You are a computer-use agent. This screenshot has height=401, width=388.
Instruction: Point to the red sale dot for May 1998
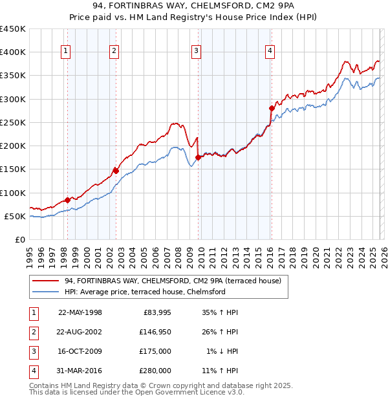[x=67, y=200]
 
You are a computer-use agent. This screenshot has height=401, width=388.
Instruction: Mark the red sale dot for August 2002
[x=116, y=171]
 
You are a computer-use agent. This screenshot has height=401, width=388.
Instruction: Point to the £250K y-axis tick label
[x=13, y=122]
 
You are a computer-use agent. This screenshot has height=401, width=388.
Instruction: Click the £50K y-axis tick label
[x=16, y=216]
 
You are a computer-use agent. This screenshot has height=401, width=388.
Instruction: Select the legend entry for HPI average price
[x=144, y=292]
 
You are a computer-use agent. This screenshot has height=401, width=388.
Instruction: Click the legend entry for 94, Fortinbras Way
[x=172, y=281]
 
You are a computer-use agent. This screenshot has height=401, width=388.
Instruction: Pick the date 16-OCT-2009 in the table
[x=80, y=351]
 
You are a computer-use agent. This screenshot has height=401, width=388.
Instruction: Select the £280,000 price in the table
[x=155, y=371]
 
